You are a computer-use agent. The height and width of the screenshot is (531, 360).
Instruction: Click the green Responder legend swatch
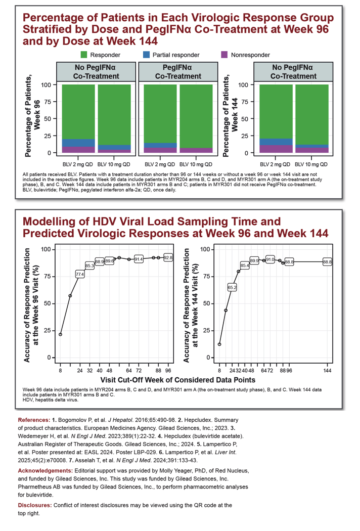point(83,55)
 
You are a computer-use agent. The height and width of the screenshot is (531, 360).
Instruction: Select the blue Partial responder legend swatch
point(146,55)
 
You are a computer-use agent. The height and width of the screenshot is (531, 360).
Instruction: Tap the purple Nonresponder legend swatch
point(224,55)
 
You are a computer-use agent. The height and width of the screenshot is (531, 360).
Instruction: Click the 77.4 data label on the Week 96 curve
point(79,274)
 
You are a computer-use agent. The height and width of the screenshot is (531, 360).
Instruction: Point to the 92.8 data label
point(168,258)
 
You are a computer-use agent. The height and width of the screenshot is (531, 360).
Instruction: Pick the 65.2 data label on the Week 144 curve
point(232,288)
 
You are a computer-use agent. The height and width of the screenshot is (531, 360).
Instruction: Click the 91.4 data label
point(139,259)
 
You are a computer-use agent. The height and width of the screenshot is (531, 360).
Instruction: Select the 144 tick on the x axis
point(327,371)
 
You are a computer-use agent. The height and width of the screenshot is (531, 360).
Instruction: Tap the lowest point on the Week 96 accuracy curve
point(60,334)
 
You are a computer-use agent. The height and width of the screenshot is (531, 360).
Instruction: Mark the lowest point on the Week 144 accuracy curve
point(219,344)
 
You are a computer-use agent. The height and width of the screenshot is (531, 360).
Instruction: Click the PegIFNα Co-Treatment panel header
point(178,72)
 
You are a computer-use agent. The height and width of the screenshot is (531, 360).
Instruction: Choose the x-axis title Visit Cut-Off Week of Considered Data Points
point(178,380)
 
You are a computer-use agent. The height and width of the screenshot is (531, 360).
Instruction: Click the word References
point(34,420)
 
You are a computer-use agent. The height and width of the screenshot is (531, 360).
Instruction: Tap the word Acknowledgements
point(46,471)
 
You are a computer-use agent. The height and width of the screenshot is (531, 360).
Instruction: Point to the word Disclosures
point(35,505)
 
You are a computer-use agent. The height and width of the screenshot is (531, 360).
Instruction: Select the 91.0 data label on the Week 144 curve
point(270,259)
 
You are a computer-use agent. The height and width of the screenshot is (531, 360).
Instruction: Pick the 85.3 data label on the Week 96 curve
point(89,266)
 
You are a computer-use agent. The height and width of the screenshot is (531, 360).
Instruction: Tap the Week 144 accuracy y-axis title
point(191,305)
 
